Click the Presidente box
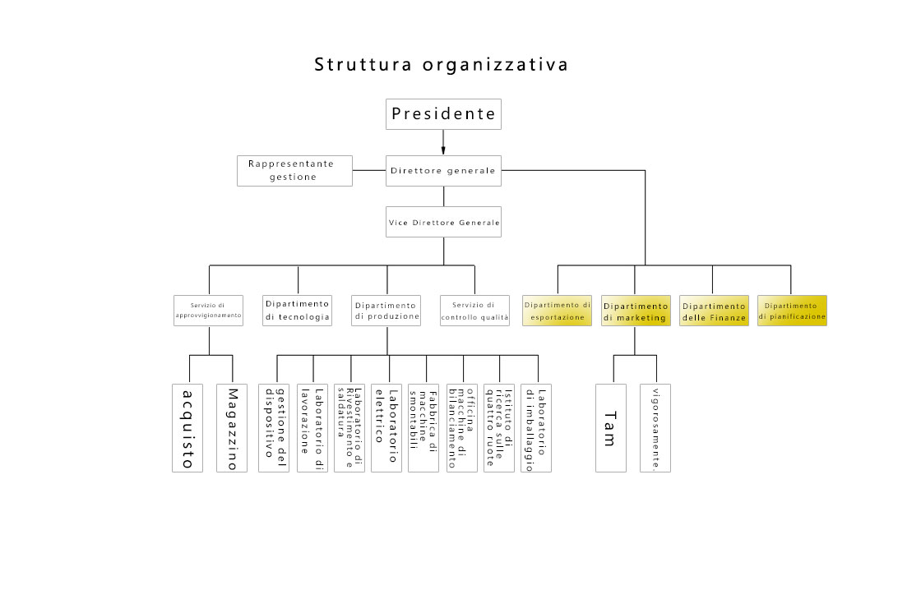point(443,114)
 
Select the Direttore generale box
point(443,171)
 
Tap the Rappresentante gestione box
point(294,170)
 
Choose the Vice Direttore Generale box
point(443,222)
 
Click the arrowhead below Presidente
point(443,150)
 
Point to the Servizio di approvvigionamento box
point(209,310)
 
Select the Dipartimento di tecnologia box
point(298,310)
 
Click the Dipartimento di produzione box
point(386,310)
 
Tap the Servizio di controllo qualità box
point(474,310)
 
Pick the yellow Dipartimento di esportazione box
point(558,310)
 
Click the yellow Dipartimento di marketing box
point(635,310)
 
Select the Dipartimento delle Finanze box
point(713,310)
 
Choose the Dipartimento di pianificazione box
point(792,310)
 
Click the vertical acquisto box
point(187,427)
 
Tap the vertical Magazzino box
point(231,427)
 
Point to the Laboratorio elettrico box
point(386,427)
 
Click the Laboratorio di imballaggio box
point(536,427)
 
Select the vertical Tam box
point(610,427)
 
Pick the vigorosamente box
point(655,427)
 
